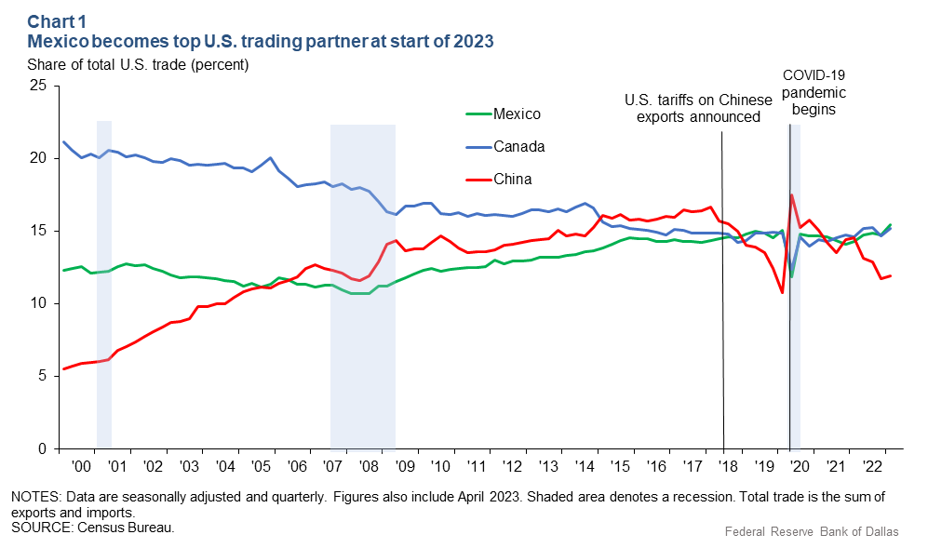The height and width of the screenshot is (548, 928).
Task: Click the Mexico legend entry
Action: (517, 114)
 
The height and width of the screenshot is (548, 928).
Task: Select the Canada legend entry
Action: (518, 147)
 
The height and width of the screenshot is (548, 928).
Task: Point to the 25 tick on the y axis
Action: (38, 86)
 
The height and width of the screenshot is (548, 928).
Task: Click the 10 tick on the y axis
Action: (38, 303)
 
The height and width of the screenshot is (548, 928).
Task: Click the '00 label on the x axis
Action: (81, 465)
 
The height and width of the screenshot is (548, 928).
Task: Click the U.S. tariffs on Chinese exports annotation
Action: (698, 108)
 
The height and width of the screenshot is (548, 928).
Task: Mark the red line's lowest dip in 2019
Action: (782, 292)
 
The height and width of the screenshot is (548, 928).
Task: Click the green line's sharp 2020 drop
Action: (791, 277)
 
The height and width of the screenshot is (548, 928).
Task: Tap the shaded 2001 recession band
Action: (104, 279)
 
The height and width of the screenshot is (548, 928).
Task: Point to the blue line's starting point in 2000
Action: (63, 141)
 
